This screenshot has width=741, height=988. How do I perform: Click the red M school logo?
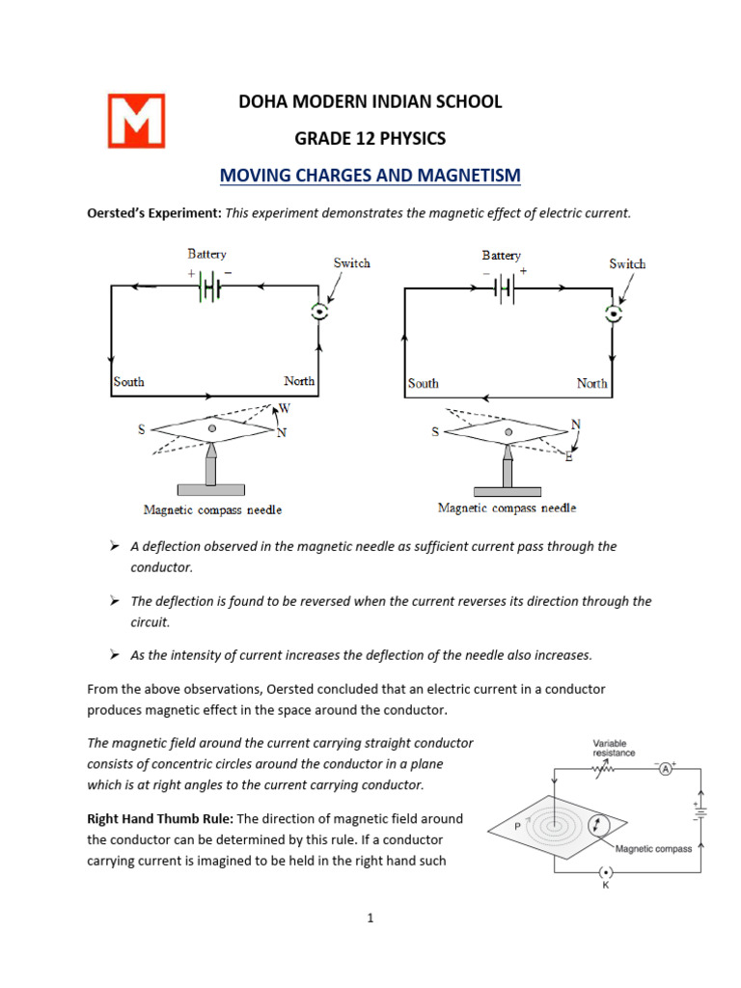click(x=135, y=121)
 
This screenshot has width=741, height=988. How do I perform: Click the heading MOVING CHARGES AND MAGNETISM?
click(x=370, y=175)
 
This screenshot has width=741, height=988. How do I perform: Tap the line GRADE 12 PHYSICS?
click(x=370, y=138)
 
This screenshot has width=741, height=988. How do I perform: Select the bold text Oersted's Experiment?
click(x=154, y=213)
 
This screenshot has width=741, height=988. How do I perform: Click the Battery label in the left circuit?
click(x=206, y=254)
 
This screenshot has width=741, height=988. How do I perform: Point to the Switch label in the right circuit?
click(x=627, y=263)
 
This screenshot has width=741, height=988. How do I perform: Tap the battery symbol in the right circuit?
click(x=502, y=287)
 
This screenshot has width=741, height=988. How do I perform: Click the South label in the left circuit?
click(x=128, y=381)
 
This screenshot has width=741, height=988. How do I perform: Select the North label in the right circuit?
click(x=591, y=383)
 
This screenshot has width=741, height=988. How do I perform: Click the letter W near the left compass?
click(x=285, y=409)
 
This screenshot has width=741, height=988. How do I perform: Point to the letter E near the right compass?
click(x=568, y=456)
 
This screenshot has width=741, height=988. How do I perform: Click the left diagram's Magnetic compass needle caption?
click(x=212, y=509)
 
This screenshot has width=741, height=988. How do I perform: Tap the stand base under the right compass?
click(x=506, y=489)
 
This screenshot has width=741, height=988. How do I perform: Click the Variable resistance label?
click(x=615, y=747)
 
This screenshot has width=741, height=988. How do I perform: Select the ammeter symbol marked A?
click(x=665, y=768)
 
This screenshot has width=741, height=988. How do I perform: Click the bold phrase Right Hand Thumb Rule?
click(x=154, y=818)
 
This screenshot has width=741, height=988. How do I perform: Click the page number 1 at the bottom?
click(x=370, y=918)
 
